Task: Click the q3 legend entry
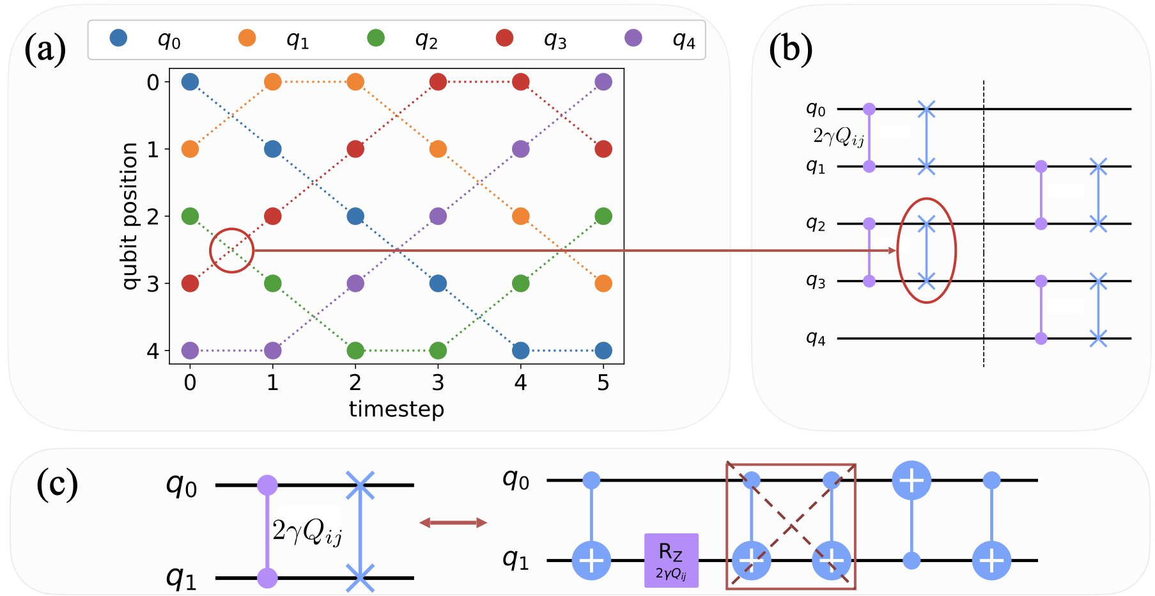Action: [530, 40]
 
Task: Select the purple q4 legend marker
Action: [633, 38]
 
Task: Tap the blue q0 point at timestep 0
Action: [190, 82]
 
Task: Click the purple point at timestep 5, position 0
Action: [603, 82]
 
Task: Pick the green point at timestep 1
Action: [273, 283]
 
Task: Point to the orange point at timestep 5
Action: [603, 283]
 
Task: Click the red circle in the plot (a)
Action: [232, 251]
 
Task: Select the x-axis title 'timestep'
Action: [396, 409]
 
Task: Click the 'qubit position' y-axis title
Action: [130, 216]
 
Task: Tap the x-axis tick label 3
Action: [438, 383]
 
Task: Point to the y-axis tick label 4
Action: [153, 351]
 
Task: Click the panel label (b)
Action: [791, 50]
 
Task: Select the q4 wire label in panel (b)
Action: [816, 338]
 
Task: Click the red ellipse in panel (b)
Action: [926, 251]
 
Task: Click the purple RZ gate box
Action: [671, 560]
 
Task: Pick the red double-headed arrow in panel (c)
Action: [453, 523]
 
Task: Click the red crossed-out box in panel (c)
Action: [791, 526]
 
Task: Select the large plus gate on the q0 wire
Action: [911, 480]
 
